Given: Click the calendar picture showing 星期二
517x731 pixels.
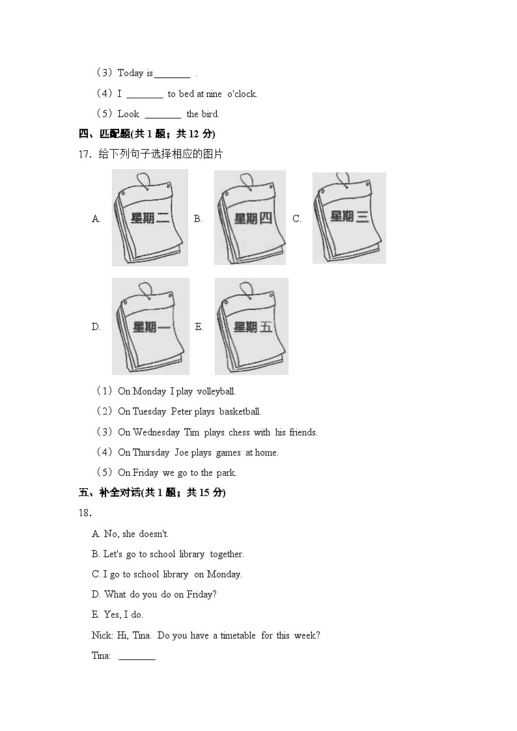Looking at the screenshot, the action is click(150, 217).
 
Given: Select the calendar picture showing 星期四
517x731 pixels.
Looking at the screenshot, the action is click(250, 217).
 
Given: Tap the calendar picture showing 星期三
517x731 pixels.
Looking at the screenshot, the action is click(349, 217).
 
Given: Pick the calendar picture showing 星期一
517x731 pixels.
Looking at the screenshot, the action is click(150, 326).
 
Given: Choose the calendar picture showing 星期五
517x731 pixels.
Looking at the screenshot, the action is click(251, 326).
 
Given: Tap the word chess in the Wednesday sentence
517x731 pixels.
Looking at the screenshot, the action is click(239, 432).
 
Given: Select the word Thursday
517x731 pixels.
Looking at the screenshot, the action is click(150, 452).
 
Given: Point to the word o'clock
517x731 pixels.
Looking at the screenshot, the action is click(242, 94).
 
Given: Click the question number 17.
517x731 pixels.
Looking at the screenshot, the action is click(85, 154).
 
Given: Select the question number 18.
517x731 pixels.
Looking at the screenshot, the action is click(85, 514).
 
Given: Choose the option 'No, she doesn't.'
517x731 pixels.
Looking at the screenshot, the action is click(130, 534).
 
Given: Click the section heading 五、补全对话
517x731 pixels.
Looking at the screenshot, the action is click(109, 493).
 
